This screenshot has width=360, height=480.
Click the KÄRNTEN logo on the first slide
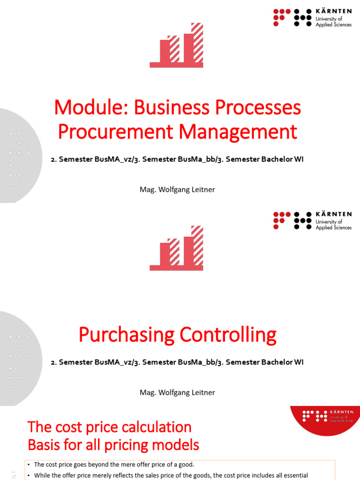tap(312, 17)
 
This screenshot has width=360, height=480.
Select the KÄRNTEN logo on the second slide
tap(312, 220)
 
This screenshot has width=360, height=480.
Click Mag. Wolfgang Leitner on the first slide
tap(177, 189)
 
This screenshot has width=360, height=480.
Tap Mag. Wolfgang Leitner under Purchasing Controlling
tap(177, 392)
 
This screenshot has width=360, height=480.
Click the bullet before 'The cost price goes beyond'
tap(29, 465)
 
